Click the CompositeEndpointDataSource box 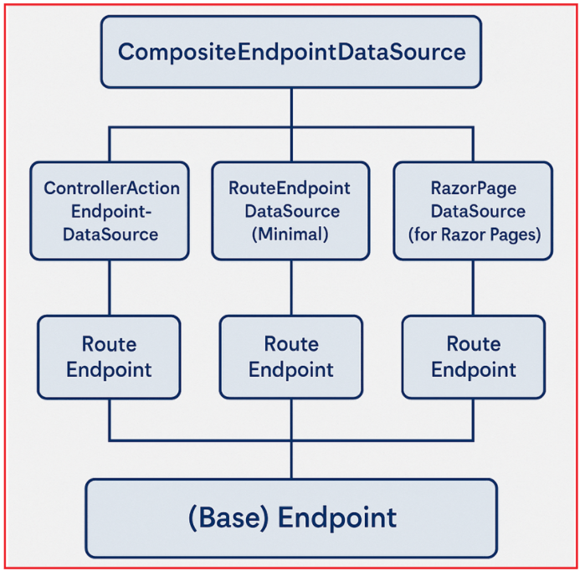click(291, 52)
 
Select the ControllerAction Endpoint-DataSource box click(111, 210)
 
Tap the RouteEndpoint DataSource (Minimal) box click(290, 210)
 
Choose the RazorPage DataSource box click(473, 210)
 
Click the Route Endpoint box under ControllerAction click(109, 357)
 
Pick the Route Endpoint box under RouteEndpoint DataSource click(290, 357)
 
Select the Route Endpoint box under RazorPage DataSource click(473, 357)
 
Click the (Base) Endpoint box click(291, 518)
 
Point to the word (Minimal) click(290, 234)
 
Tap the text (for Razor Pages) click(474, 234)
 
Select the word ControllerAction click(111, 188)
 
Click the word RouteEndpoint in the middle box click(290, 188)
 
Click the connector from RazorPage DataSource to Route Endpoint click(474, 287)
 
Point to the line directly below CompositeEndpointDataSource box click(291, 107)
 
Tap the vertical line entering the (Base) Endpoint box click(291, 460)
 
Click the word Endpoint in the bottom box click(337, 518)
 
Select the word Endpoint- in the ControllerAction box click(111, 211)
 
